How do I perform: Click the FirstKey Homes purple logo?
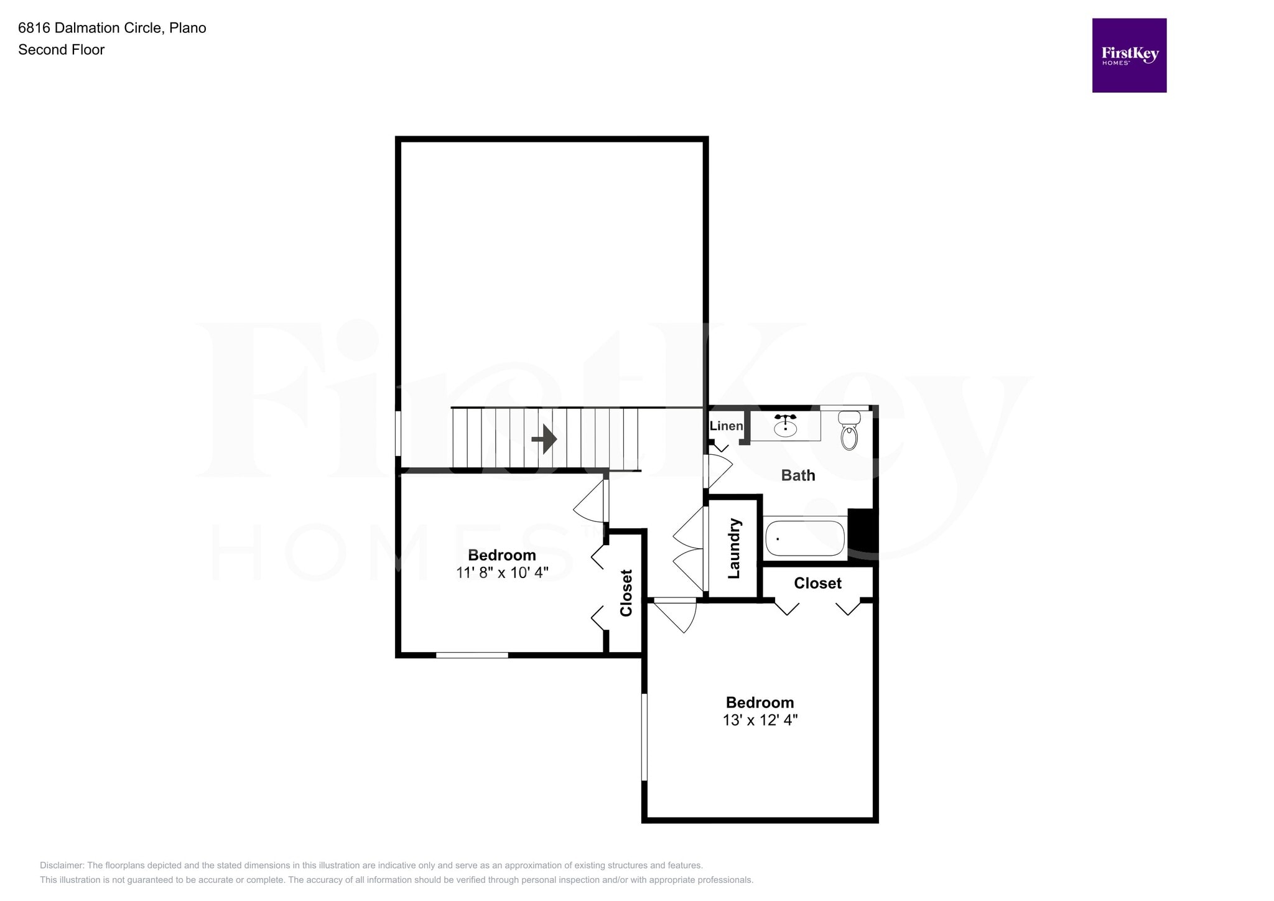click(x=1128, y=55)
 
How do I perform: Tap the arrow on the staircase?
click(x=544, y=439)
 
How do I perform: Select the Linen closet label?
click(x=726, y=426)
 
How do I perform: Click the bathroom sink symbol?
click(x=785, y=426)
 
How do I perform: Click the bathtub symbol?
click(x=805, y=538)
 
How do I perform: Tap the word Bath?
click(x=797, y=475)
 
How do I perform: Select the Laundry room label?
click(x=734, y=548)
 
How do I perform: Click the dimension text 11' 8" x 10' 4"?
click(x=502, y=572)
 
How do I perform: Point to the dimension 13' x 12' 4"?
click(x=760, y=720)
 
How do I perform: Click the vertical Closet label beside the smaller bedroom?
click(x=626, y=592)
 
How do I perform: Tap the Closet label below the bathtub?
click(x=817, y=583)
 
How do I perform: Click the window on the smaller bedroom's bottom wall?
click(x=472, y=655)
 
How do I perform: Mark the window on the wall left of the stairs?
click(x=398, y=432)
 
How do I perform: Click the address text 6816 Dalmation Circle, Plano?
click(x=112, y=28)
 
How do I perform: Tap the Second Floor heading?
click(x=61, y=50)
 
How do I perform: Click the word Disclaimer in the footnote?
click(x=62, y=865)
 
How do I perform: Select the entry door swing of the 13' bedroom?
click(x=678, y=615)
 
